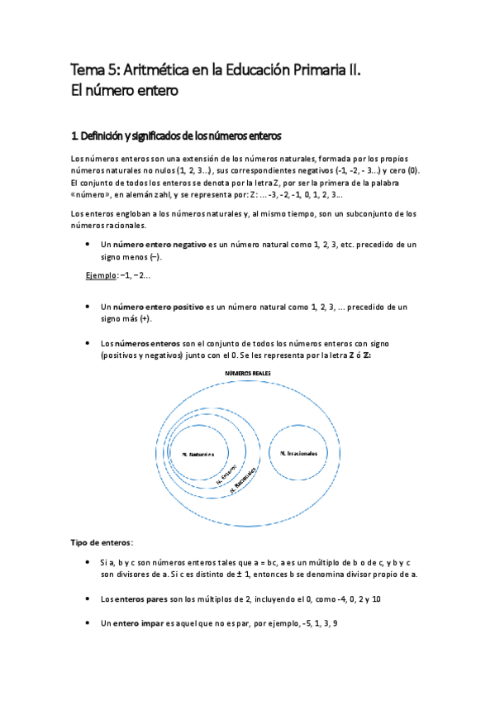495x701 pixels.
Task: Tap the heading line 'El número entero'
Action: (x=124, y=91)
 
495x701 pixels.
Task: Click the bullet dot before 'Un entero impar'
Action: (x=88, y=622)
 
